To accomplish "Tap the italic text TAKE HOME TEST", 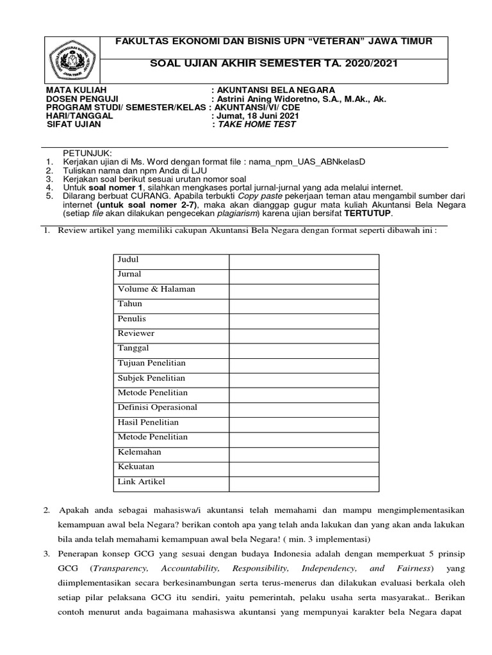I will point(257,125).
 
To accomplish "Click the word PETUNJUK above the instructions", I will point(86,154).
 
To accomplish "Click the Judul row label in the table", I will point(128,260).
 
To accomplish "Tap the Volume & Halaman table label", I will point(156,289).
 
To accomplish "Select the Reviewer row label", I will point(136,333).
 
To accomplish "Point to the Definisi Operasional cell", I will point(157,407).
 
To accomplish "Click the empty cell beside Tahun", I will point(304,304).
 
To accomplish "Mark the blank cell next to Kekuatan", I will point(304,466).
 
